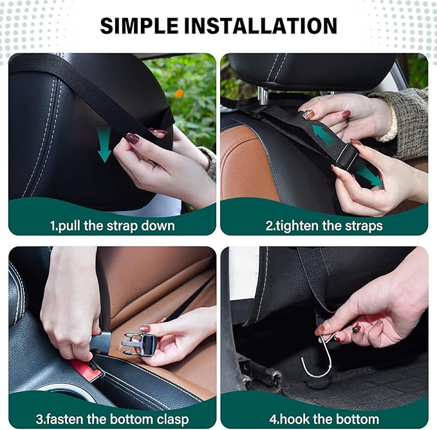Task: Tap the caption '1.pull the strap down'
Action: pyautogui.click(x=112, y=226)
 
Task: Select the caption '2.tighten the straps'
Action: pyautogui.click(x=324, y=226)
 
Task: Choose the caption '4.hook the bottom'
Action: pyautogui.click(x=324, y=420)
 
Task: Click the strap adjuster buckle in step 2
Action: pyautogui.click(x=344, y=154)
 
